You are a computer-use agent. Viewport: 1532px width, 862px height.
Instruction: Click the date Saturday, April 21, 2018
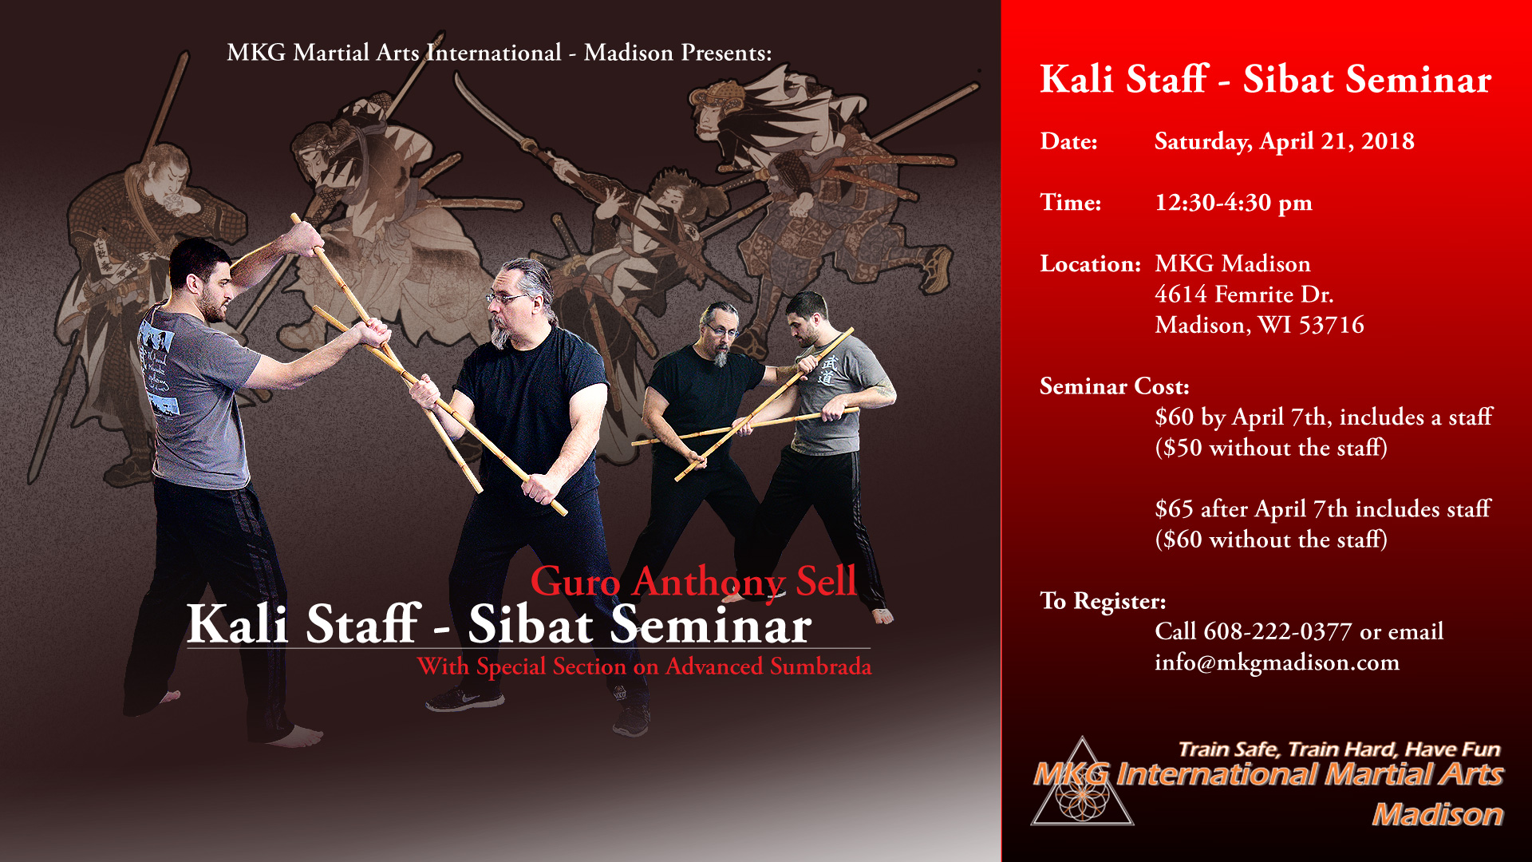pyautogui.click(x=1284, y=141)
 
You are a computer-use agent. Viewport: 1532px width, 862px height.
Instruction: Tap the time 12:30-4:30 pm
pyautogui.click(x=1233, y=203)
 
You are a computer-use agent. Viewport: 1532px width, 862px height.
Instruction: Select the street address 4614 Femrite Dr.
pyautogui.click(x=1244, y=295)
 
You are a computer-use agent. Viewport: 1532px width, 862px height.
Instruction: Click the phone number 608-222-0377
pyautogui.click(x=1277, y=631)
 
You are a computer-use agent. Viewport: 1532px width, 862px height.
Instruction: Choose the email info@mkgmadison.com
pyautogui.click(x=1277, y=662)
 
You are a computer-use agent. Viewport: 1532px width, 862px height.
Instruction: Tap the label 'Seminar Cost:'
pyautogui.click(x=1114, y=386)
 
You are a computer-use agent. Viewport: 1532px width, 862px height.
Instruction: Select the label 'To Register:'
pyautogui.click(x=1103, y=601)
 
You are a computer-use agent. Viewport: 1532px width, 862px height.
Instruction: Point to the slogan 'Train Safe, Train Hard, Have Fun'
pyautogui.click(x=1340, y=749)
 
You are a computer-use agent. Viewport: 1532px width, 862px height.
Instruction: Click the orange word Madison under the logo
pyautogui.click(x=1438, y=814)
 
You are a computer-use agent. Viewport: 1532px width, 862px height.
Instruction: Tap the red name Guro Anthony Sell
pyautogui.click(x=693, y=581)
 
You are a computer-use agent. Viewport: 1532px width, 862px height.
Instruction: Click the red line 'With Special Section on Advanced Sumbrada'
pyautogui.click(x=645, y=666)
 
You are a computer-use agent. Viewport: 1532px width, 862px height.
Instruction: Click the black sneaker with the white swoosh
pyautogui.click(x=464, y=700)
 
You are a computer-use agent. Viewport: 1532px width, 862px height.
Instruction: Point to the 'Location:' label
pyautogui.click(x=1090, y=264)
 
